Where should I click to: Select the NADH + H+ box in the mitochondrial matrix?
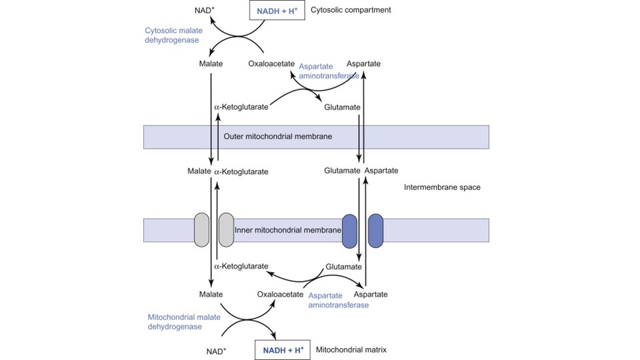pos(283,349)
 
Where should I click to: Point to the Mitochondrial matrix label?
pos(351,349)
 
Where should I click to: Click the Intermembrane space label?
pos(442,187)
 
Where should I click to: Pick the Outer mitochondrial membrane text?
pos(278,137)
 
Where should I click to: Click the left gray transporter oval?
pos(202,230)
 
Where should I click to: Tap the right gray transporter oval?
pos(226,230)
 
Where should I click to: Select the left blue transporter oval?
pos(350,231)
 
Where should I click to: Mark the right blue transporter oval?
pos(375,231)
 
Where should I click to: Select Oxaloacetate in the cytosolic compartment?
pos(271,64)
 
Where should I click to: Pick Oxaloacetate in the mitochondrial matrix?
pos(280,294)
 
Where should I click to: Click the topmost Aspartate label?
pos(363,63)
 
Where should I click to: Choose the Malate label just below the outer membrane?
pos(199,172)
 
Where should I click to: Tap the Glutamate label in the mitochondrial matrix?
pos(343,267)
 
